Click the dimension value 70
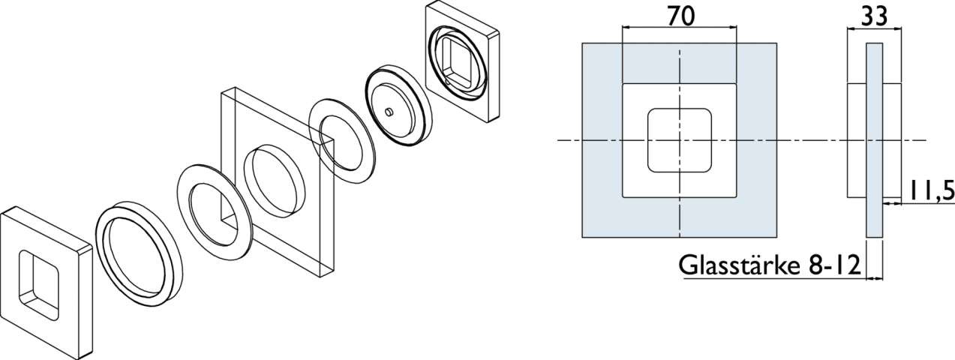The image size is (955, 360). click(681, 16)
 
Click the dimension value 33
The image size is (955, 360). click(874, 17)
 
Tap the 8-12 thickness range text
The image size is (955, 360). click(834, 265)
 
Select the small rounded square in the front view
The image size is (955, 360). click(680, 140)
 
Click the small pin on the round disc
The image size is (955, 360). click(389, 112)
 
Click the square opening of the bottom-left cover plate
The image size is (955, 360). click(38, 286)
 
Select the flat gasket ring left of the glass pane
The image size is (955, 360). click(215, 211)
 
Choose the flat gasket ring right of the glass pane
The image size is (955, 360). click(342, 141)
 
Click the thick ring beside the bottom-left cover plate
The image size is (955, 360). click(139, 254)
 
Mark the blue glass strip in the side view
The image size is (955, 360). click(875, 140)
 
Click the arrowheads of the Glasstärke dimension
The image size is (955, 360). click(875, 279)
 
